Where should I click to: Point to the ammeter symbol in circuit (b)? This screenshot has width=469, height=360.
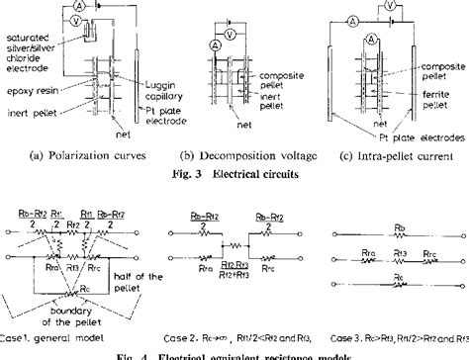pos(213,45)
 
